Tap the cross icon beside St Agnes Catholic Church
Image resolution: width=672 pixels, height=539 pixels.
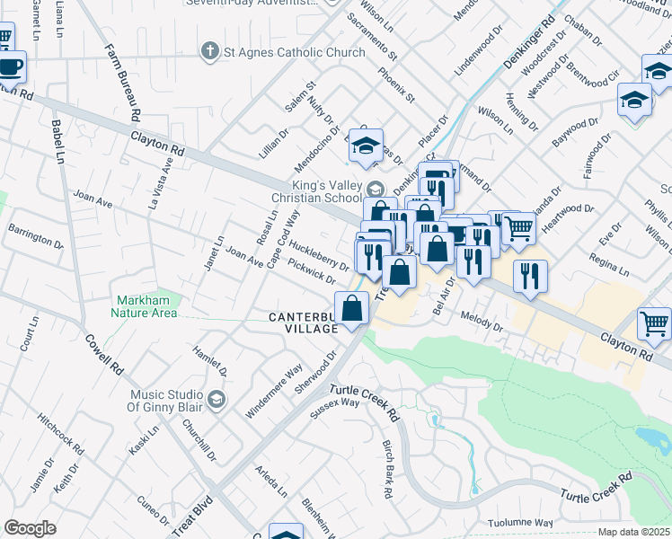coord(210,51)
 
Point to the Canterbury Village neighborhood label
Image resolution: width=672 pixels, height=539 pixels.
coord(304,323)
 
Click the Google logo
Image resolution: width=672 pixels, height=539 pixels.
coord(30,528)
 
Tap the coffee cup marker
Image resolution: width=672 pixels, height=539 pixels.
coord(10,66)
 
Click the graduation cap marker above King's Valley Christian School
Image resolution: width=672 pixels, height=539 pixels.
coord(366,146)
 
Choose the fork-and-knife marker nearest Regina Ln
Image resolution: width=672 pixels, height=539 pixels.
coord(530,275)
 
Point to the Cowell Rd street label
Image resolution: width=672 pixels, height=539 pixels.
coord(104,355)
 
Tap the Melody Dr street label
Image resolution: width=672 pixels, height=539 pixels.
coord(482,322)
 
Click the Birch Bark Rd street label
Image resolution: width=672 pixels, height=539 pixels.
coord(387,469)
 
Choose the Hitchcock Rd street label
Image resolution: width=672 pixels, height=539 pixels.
coord(60,435)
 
